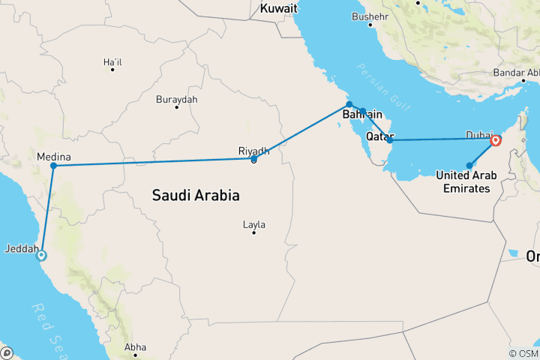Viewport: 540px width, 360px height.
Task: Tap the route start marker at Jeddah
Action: point(41,255)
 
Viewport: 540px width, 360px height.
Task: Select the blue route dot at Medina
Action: point(54,165)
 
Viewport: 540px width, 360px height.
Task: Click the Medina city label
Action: point(53,157)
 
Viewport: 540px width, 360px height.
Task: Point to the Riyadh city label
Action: point(253,151)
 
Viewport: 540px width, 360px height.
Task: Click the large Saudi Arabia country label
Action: point(196,196)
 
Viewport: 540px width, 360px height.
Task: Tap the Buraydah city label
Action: point(176,99)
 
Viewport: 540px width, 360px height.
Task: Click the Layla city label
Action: point(253,224)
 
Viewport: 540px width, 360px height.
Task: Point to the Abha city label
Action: point(136,347)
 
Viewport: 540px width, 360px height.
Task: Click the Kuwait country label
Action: point(279,9)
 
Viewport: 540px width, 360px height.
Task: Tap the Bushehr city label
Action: point(371,16)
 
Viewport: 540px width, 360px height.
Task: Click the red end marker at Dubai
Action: point(495,140)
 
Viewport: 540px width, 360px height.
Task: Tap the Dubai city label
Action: point(480,134)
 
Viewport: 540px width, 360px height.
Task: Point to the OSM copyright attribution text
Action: point(523,353)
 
